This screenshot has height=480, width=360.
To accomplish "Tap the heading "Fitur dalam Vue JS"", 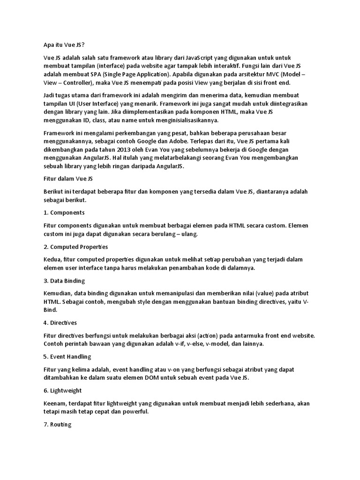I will [68, 179].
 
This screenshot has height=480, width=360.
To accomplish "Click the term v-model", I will [215, 344].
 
